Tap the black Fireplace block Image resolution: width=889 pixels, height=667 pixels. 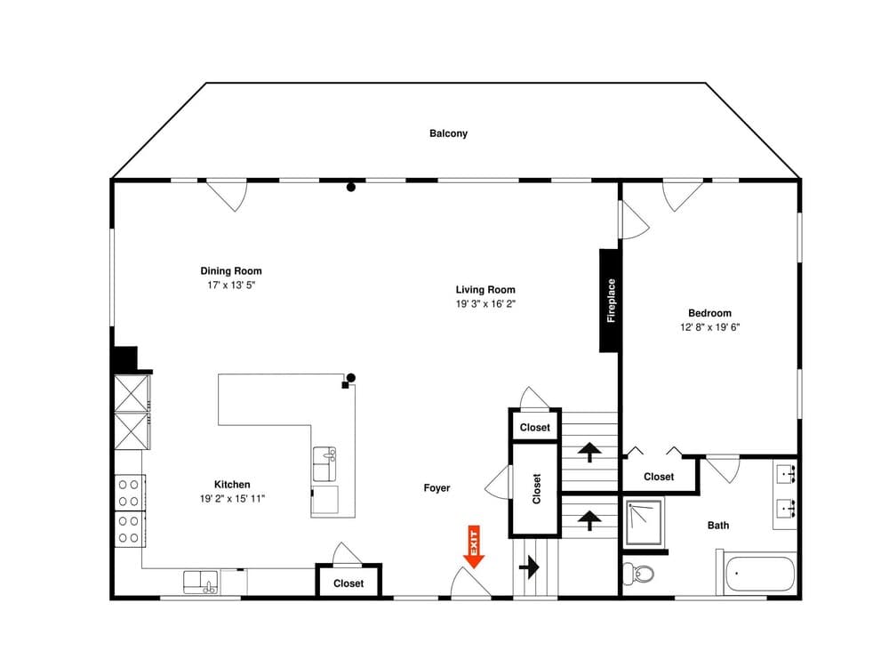pyautogui.click(x=610, y=301)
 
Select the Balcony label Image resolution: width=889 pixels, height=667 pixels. pyautogui.click(x=448, y=133)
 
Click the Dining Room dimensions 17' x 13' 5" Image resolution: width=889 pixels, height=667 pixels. pyautogui.click(x=230, y=285)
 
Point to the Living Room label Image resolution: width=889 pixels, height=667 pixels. pyautogui.click(x=485, y=289)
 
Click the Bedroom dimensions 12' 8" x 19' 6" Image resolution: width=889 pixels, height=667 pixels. pyautogui.click(x=709, y=327)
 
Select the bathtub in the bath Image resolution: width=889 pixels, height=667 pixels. pyautogui.click(x=760, y=575)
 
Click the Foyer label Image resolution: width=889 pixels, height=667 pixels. pyautogui.click(x=436, y=488)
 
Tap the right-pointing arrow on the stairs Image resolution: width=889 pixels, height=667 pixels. pyautogui.click(x=533, y=566)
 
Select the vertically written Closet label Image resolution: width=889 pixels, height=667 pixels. pyautogui.click(x=536, y=488)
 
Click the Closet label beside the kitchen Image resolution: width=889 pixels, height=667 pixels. pyautogui.click(x=348, y=583)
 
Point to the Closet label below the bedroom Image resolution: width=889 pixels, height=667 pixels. pyautogui.click(x=659, y=477)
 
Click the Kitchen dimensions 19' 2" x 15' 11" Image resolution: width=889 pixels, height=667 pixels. pyautogui.click(x=232, y=499)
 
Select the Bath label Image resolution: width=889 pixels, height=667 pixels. pyautogui.click(x=718, y=526)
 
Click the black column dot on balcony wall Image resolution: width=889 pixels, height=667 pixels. pyautogui.click(x=351, y=187)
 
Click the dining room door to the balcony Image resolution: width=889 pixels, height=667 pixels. pyautogui.click(x=227, y=196)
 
